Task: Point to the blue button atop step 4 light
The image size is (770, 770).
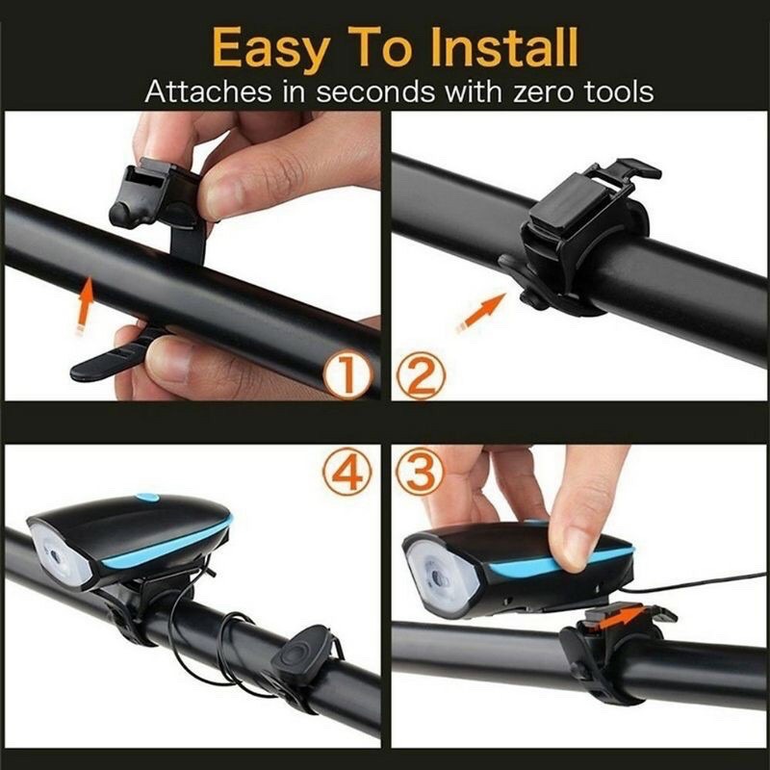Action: click(x=146, y=498)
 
